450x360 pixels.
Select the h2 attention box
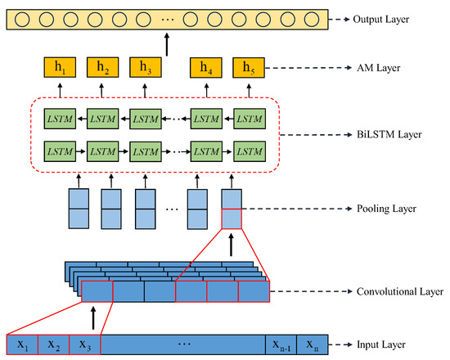101,69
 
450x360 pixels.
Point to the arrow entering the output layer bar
167,43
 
